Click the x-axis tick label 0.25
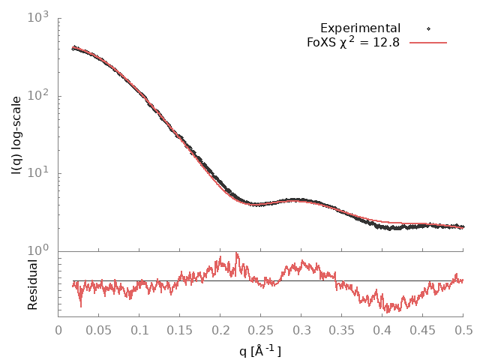coord(261,329)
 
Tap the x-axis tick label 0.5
coord(463,329)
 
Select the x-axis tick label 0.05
coord(99,329)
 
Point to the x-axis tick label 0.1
coord(139,329)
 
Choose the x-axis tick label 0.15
coord(180,329)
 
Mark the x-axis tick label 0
coord(58,329)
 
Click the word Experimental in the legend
coord(360,28)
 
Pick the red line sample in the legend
coord(428,43)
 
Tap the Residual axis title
coord(32,285)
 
